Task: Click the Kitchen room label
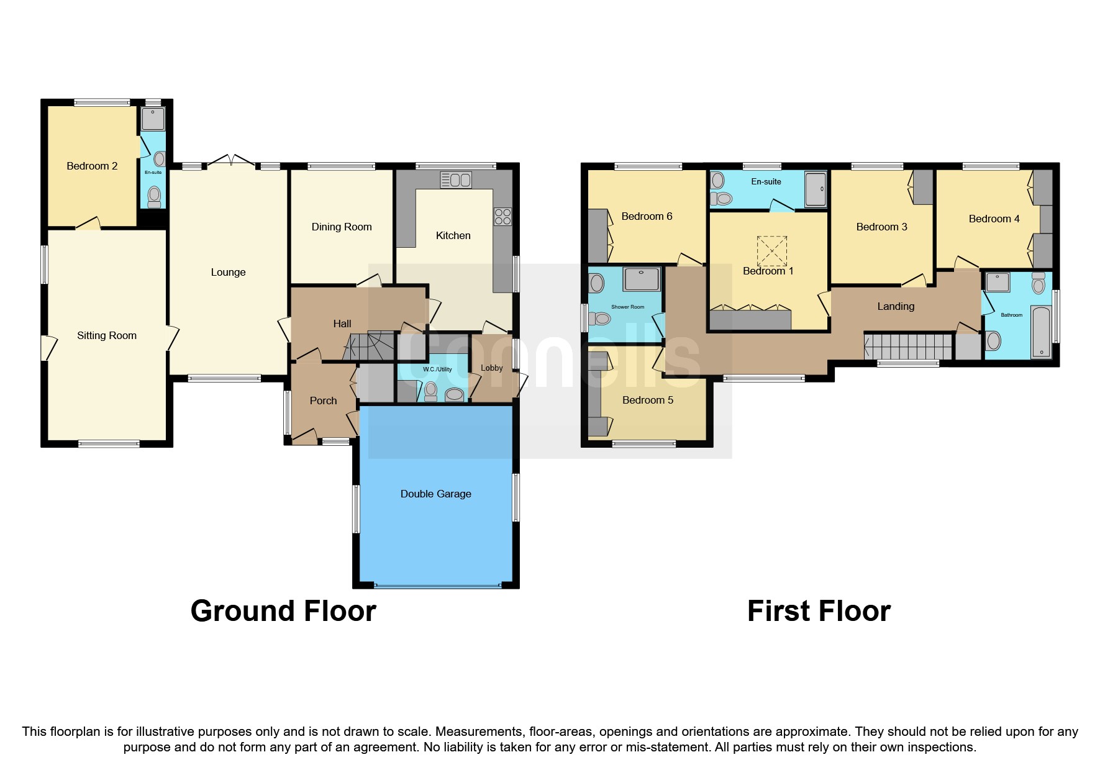pyautogui.click(x=453, y=235)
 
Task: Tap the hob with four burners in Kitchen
pyautogui.click(x=502, y=217)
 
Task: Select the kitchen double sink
pyautogui.click(x=456, y=180)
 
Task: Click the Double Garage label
pyautogui.click(x=435, y=494)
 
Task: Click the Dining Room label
pyautogui.click(x=342, y=227)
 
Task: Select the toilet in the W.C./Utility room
pyautogui.click(x=430, y=391)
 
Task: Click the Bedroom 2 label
pyautogui.click(x=92, y=166)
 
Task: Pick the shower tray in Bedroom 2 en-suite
pyautogui.click(x=153, y=119)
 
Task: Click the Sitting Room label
pyautogui.click(x=107, y=335)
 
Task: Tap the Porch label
pyautogui.click(x=323, y=401)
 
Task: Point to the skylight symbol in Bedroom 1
pyautogui.click(x=772, y=251)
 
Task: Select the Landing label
pyautogui.click(x=896, y=306)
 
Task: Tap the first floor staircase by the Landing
pyautogui.click(x=907, y=346)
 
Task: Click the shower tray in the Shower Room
pyautogui.click(x=641, y=279)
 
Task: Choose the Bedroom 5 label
pyautogui.click(x=648, y=400)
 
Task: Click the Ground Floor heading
pyautogui.click(x=283, y=611)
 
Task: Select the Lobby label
pyautogui.click(x=491, y=368)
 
